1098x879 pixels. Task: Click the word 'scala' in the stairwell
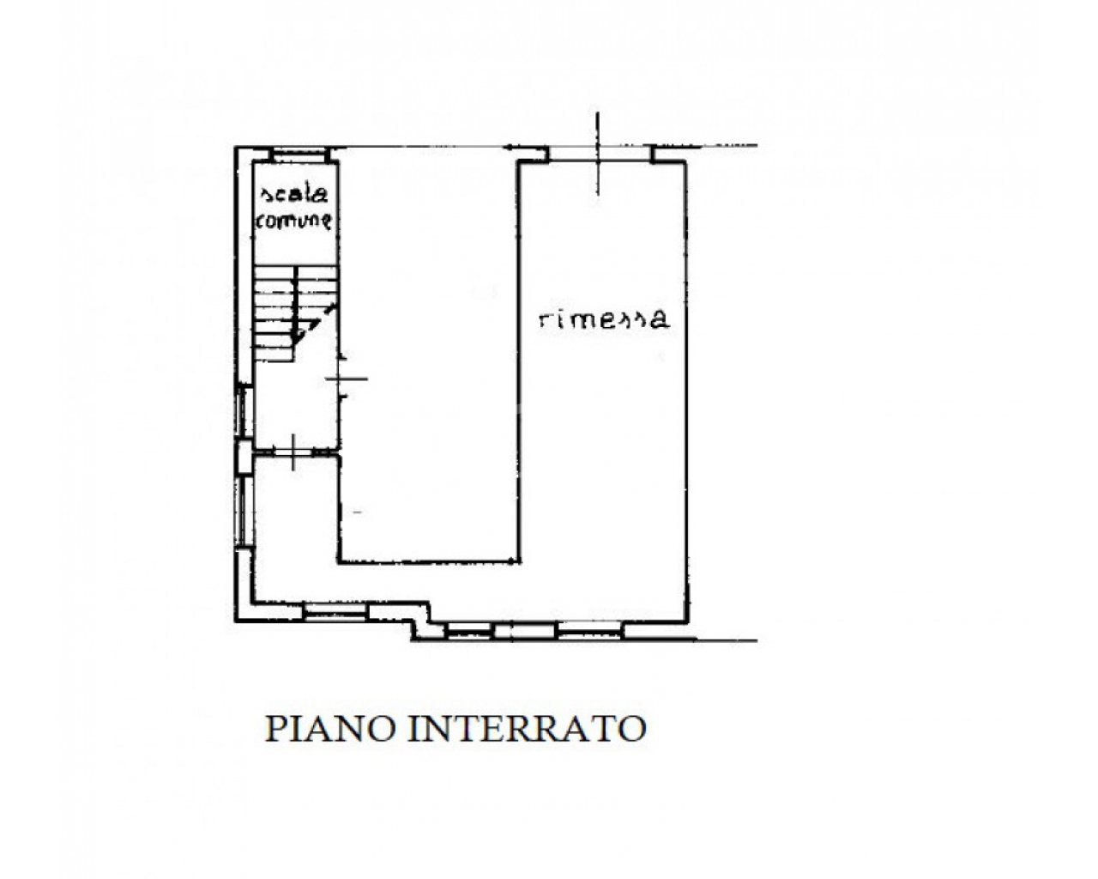point(295,195)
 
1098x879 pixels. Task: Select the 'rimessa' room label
point(604,318)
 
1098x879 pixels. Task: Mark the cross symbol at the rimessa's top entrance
point(599,154)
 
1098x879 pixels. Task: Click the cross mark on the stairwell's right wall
point(347,379)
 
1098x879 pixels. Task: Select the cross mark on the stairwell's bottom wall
point(293,452)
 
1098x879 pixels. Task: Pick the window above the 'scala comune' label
point(299,155)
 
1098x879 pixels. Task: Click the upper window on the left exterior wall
point(246,411)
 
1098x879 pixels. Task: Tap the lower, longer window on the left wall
point(246,512)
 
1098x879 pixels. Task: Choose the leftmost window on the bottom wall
point(335,612)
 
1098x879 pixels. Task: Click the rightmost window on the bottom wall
point(590,631)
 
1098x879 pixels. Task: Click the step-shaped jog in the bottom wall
point(421,621)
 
